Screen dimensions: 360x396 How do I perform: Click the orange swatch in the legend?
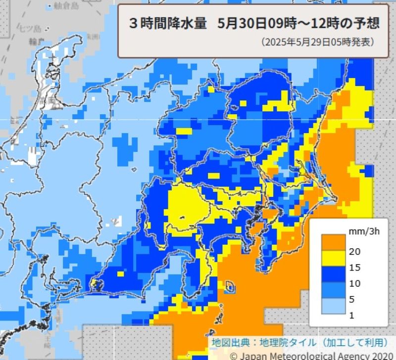point(333,243)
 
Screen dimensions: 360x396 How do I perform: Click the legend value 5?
point(353,299)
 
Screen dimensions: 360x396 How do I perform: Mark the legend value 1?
point(353,315)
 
